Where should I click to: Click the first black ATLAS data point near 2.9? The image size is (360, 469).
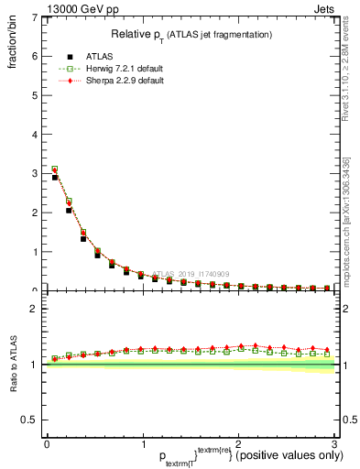pos(55,177)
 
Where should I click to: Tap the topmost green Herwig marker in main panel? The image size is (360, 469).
pos(55,169)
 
